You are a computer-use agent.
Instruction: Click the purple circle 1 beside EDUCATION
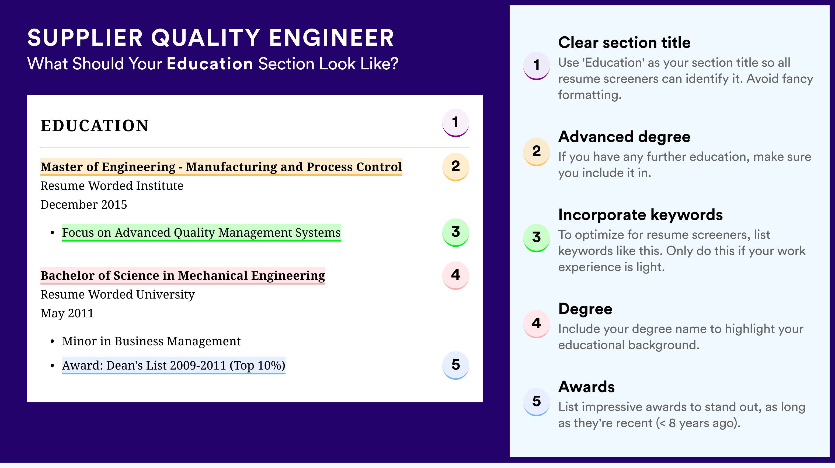(455, 123)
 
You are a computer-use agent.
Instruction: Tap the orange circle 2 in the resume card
(455, 167)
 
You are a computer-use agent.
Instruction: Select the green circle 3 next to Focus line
(455, 232)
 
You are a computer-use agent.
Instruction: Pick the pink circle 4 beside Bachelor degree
(455, 275)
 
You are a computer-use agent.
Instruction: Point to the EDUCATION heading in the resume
(94, 126)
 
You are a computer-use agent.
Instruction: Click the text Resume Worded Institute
(112, 186)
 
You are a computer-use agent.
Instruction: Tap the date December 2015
(83, 204)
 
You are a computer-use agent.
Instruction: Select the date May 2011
(67, 313)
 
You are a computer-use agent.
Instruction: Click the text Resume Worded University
(117, 295)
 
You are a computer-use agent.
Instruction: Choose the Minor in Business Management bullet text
(151, 341)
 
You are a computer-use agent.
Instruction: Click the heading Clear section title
(624, 42)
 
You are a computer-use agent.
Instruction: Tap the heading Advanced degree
(624, 137)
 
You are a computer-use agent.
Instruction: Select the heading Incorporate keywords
(641, 215)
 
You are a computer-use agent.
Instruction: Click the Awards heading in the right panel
(586, 387)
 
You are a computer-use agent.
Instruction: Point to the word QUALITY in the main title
(206, 38)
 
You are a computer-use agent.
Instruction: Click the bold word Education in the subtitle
(210, 63)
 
